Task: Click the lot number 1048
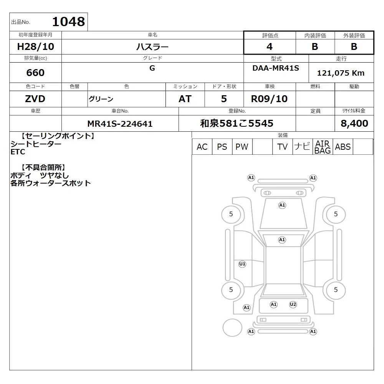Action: (x=69, y=22)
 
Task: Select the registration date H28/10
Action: (x=35, y=46)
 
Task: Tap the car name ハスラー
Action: (x=152, y=46)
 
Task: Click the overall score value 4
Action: (x=270, y=46)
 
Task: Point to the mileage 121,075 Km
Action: (x=341, y=73)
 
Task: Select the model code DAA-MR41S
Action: (x=276, y=68)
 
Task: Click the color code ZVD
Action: (x=35, y=99)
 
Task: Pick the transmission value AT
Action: (x=185, y=99)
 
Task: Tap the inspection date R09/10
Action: (x=269, y=99)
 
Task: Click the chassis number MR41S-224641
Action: (x=120, y=124)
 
